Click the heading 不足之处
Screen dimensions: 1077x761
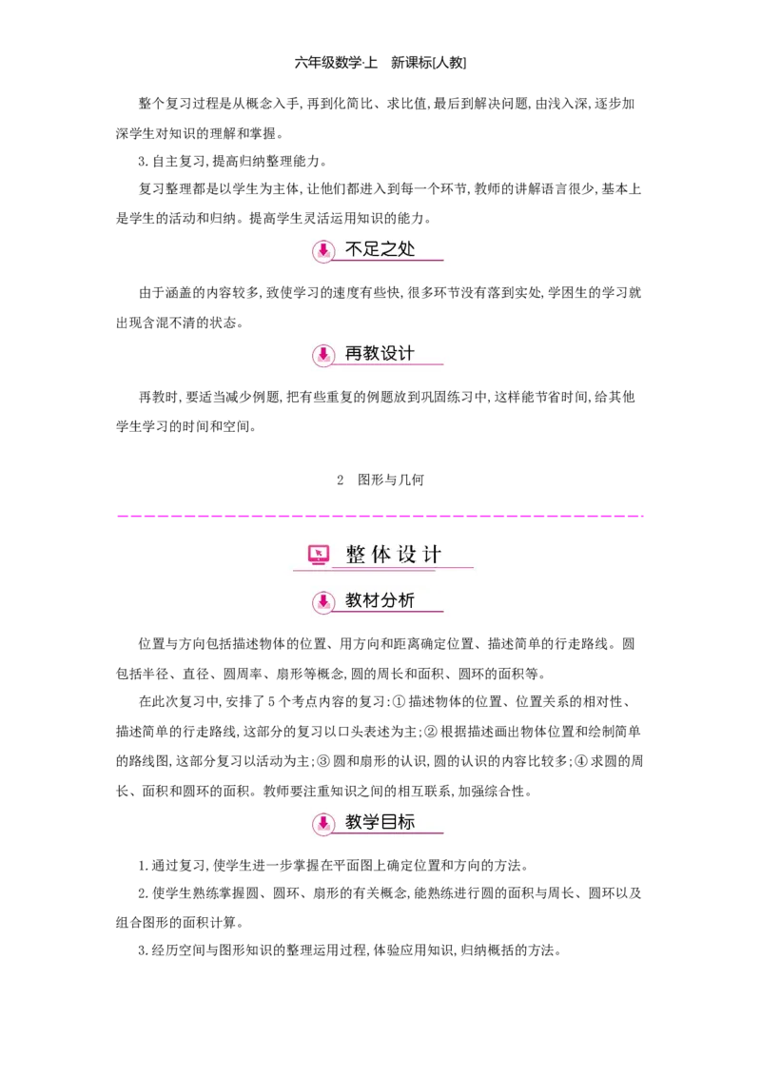tap(380, 250)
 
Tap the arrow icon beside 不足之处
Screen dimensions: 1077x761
tap(323, 251)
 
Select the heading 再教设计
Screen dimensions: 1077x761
tap(380, 354)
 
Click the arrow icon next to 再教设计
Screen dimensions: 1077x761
tap(323, 355)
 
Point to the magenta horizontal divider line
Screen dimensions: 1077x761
tap(380, 514)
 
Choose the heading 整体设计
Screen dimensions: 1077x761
tap(393, 555)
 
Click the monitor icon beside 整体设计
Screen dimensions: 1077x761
tap(319, 554)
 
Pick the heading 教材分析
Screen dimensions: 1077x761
tap(380, 601)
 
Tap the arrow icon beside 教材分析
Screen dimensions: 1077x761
tap(323, 602)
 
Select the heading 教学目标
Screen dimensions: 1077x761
tap(380, 822)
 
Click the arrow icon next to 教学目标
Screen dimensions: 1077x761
tap(323, 823)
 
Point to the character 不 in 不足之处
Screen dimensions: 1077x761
tap(354, 250)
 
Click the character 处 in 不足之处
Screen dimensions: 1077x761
tap(407, 250)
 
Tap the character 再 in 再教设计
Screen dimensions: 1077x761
tap(354, 354)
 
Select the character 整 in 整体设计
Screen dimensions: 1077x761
tap(356, 555)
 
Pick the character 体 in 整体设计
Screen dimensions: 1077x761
tap(381, 555)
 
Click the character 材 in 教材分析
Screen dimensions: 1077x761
tap(371, 601)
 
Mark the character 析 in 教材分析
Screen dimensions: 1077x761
tap(407, 601)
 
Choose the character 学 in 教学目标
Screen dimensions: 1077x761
tap(371, 822)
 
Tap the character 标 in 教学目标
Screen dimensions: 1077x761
tap(407, 822)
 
